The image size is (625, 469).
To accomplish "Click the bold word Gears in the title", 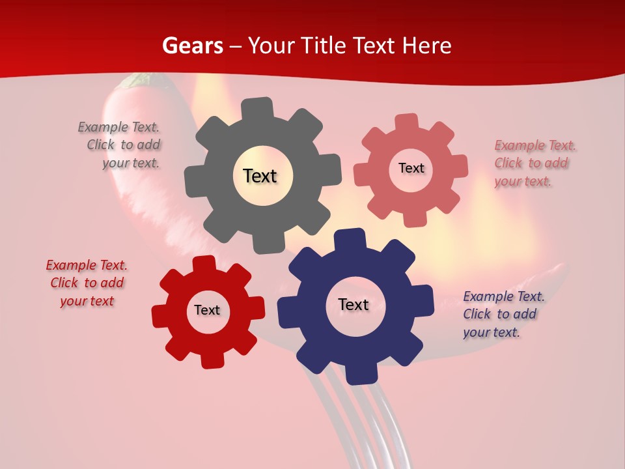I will tap(193, 46).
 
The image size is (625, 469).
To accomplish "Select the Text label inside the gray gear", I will tap(260, 176).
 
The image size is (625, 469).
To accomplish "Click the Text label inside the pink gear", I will tap(411, 168).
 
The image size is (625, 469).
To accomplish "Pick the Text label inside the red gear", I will tap(207, 310).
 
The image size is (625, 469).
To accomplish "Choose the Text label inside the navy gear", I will tap(353, 304).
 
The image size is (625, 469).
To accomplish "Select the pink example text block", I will tap(534, 163).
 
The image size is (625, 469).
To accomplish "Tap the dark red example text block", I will tap(87, 283).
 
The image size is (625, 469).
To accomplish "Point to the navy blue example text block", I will tap(503, 314).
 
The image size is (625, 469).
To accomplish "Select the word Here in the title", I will tap(426, 46).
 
